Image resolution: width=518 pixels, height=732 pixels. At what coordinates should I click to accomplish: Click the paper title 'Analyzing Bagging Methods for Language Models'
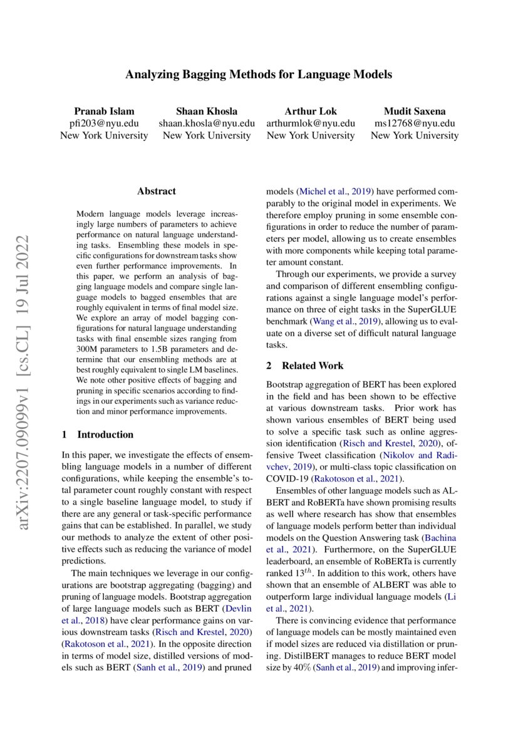tap(259, 75)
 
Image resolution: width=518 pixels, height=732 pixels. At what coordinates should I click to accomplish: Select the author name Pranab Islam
tap(104, 111)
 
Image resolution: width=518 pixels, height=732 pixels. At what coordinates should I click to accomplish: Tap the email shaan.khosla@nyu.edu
tap(207, 123)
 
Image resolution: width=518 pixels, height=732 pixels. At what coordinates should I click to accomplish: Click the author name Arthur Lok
tap(311, 111)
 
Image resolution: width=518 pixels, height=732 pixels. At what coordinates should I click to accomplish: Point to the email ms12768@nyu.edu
tap(415, 123)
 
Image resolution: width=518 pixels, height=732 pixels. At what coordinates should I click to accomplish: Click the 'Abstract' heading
tap(157, 191)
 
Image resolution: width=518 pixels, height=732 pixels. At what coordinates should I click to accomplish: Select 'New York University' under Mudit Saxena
tap(415, 135)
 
